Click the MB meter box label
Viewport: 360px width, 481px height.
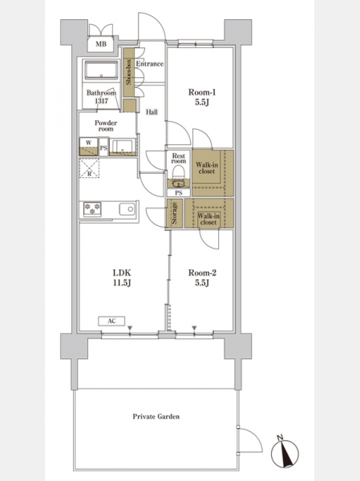pyautogui.click(x=101, y=44)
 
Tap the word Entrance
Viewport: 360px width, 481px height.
pyautogui.click(x=149, y=64)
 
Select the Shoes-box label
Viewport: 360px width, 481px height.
pyautogui.click(x=128, y=72)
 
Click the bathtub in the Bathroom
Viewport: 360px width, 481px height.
pyautogui.click(x=101, y=71)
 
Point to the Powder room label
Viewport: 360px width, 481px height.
pyautogui.click(x=106, y=126)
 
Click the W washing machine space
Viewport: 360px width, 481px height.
pyautogui.click(x=88, y=147)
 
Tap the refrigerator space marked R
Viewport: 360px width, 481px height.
pyautogui.click(x=89, y=168)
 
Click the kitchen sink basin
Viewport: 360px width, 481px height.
pyautogui.click(x=127, y=209)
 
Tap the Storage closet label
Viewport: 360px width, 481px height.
pyautogui.click(x=174, y=213)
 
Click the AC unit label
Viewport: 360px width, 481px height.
pyautogui.click(x=111, y=321)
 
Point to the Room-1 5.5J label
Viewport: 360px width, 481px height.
pyautogui.click(x=202, y=97)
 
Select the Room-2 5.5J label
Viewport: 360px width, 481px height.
pyautogui.click(x=202, y=277)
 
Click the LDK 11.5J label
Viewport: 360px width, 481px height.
pyautogui.click(x=122, y=277)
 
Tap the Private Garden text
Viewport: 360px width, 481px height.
pyautogui.click(x=156, y=416)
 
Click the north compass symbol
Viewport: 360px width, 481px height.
pyautogui.click(x=285, y=452)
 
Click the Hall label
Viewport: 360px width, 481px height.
pyautogui.click(x=152, y=112)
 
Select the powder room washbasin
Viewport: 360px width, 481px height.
pyautogui.click(x=123, y=147)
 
